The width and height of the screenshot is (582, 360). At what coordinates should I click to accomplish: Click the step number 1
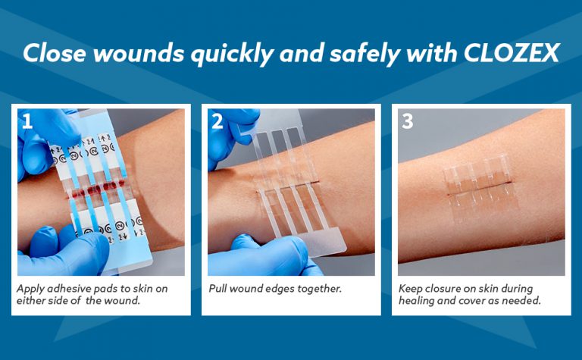(28, 121)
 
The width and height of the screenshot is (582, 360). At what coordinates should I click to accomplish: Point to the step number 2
(217, 121)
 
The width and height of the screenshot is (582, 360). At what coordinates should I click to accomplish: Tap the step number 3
(408, 121)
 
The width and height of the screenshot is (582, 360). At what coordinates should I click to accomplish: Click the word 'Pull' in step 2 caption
(220, 289)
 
